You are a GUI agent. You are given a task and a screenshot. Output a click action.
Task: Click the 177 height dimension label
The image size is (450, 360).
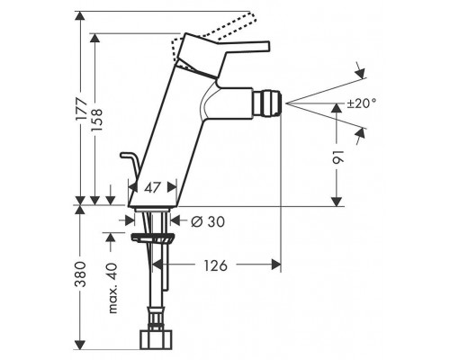(x=81, y=110)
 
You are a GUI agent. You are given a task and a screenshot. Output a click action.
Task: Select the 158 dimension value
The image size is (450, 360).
(x=96, y=120)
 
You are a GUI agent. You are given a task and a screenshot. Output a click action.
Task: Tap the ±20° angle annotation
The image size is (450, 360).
(x=362, y=103)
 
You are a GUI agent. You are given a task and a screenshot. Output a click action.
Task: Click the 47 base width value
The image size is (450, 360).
(x=152, y=188)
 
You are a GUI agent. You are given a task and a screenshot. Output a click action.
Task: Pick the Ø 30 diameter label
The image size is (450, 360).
(x=208, y=221)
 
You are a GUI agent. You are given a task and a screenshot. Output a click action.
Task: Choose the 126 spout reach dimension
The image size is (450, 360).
(x=215, y=265)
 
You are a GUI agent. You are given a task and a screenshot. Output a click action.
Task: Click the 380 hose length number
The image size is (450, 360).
(x=80, y=274)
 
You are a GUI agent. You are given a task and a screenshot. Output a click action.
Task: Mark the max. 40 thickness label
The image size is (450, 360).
(x=112, y=288)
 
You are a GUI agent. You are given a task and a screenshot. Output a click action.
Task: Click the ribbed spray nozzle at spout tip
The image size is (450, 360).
(x=266, y=103)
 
